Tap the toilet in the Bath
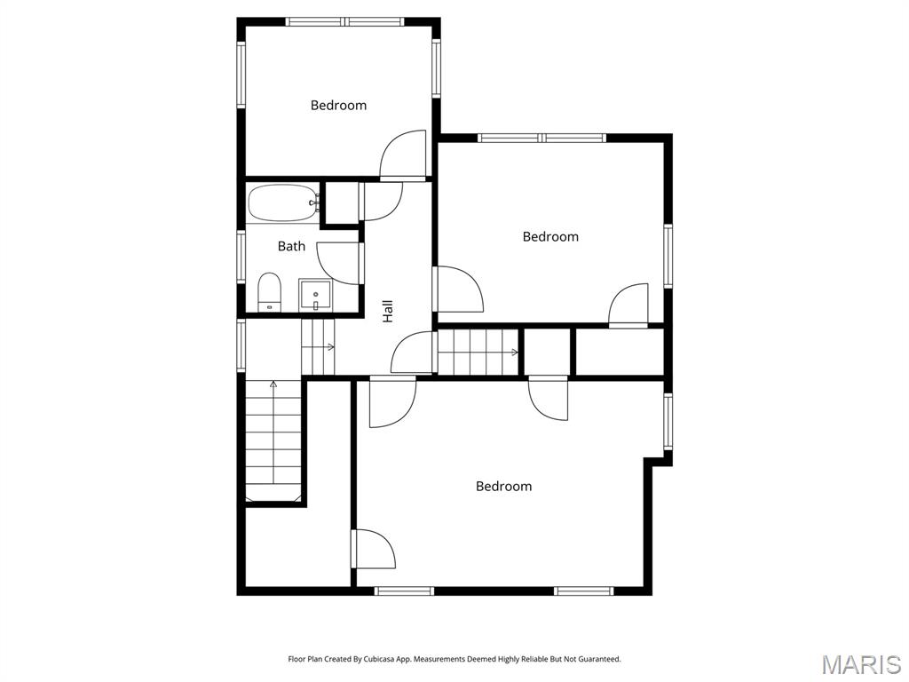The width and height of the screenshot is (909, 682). [x=269, y=292]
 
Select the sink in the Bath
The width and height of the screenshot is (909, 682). [x=315, y=294]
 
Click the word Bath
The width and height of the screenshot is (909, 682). [x=291, y=246]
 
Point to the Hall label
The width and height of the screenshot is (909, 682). [x=387, y=310]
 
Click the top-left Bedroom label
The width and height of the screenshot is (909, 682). [x=338, y=105]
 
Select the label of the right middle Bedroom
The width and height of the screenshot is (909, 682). [x=550, y=236]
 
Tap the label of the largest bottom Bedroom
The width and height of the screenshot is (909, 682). [x=503, y=486]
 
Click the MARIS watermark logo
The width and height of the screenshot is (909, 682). [x=860, y=665]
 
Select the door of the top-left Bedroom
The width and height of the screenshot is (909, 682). [x=402, y=156]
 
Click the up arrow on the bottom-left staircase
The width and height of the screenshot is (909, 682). [x=273, y=385]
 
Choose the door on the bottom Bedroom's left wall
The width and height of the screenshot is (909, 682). [x=373, y=549]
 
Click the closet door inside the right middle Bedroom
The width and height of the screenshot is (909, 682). [x=628, y=306]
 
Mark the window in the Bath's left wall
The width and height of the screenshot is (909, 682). [x=241, y=257]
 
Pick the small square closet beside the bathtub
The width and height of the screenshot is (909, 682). [x=339, y=202]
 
